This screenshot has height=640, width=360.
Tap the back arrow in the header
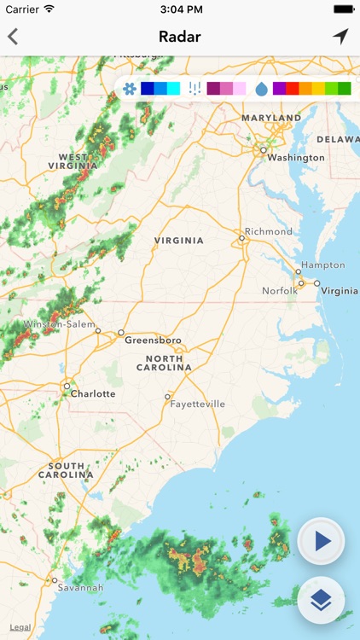13,37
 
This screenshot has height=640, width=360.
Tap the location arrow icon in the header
340,37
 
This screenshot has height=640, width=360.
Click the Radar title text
179,37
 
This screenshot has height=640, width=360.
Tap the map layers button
321,600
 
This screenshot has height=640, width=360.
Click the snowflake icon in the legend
130,89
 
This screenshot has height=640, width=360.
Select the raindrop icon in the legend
261,89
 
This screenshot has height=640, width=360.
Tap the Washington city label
295,158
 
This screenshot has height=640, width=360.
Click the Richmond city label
268,231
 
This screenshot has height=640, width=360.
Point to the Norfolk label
280,291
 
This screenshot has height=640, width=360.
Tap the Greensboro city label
153,340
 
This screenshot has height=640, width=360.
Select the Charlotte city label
93,393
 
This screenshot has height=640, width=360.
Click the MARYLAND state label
271,118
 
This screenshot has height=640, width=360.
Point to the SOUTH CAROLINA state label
66,470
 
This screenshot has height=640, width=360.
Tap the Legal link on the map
20,627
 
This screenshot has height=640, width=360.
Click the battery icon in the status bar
344,9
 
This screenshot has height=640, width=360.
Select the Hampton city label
322,265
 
